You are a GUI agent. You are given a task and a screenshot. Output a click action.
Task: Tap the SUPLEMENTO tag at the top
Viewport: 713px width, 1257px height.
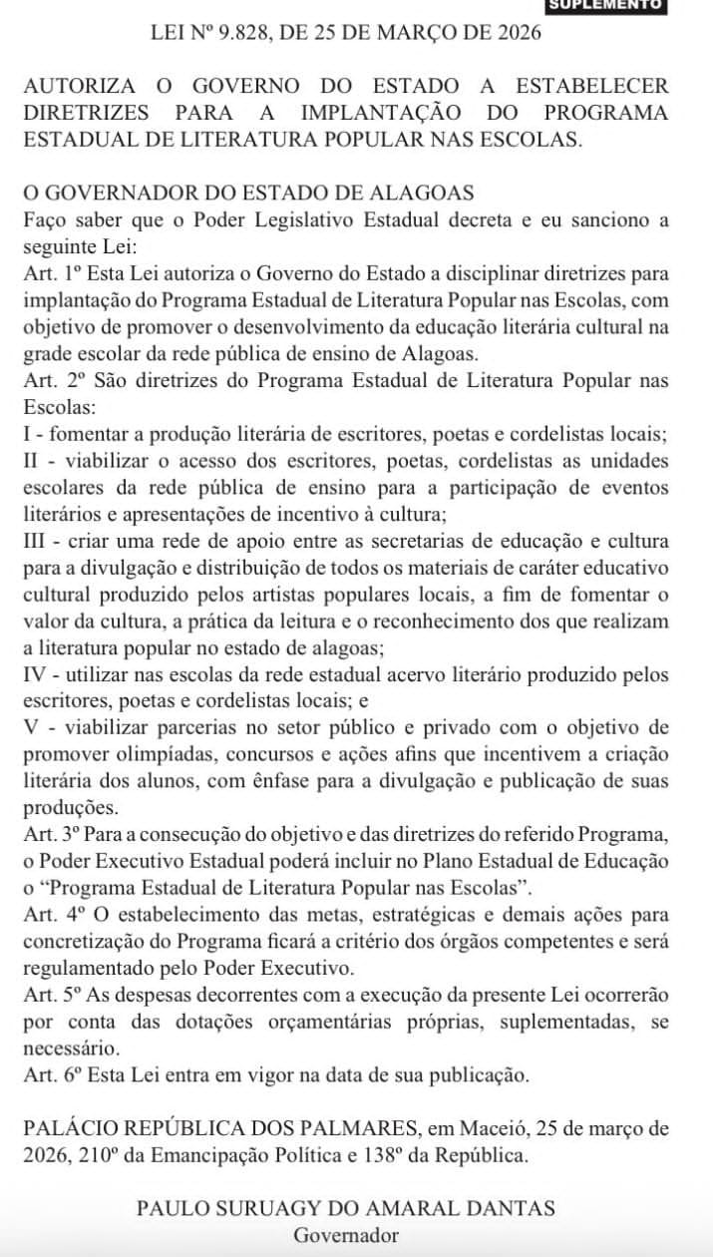[x=618, y=5]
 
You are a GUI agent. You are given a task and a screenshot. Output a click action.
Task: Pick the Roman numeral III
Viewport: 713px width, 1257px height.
[x=39, y=541]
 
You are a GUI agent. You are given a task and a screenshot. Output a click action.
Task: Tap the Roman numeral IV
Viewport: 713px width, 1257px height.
[x=38, y=674]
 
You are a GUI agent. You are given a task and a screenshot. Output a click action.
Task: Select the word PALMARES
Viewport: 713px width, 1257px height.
[x=361, y=1129]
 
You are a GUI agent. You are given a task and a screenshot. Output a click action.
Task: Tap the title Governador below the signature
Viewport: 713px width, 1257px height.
[x=346, y=1235]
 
